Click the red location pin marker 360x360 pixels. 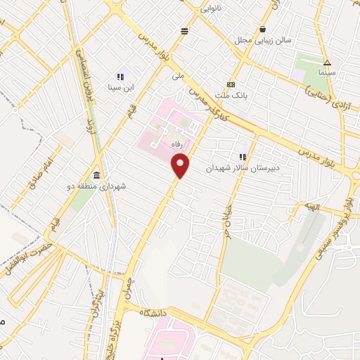[x=181, y=166]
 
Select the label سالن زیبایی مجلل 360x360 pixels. [x=269, y=41]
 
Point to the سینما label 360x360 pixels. [x=327, y=72]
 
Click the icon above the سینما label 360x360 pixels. [x=327, y=62]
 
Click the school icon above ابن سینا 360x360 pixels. [x=120, y=76]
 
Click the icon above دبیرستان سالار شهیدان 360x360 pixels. [x=243, y=157]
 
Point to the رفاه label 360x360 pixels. [x=167, y=143]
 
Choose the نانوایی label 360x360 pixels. [x=213, y=10]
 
